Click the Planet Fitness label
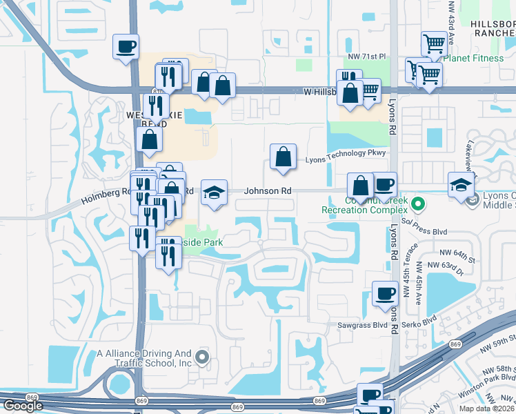[x=473, y=58]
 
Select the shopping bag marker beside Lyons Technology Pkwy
[x=283, y=158]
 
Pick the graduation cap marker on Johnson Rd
[x=214, y=193]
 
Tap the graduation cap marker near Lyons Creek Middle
[x=461, y=185]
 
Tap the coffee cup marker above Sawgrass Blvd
[x=385, y=294]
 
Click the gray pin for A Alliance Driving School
[x=201, y=357]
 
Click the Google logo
[x=23, y=406]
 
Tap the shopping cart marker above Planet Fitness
[x=434, y=45]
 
